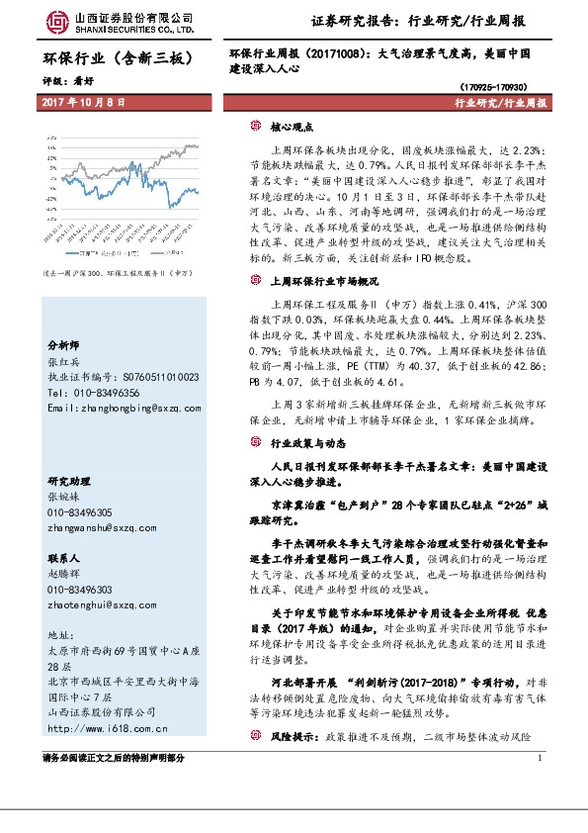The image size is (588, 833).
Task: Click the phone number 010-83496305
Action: tap(79, 512)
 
